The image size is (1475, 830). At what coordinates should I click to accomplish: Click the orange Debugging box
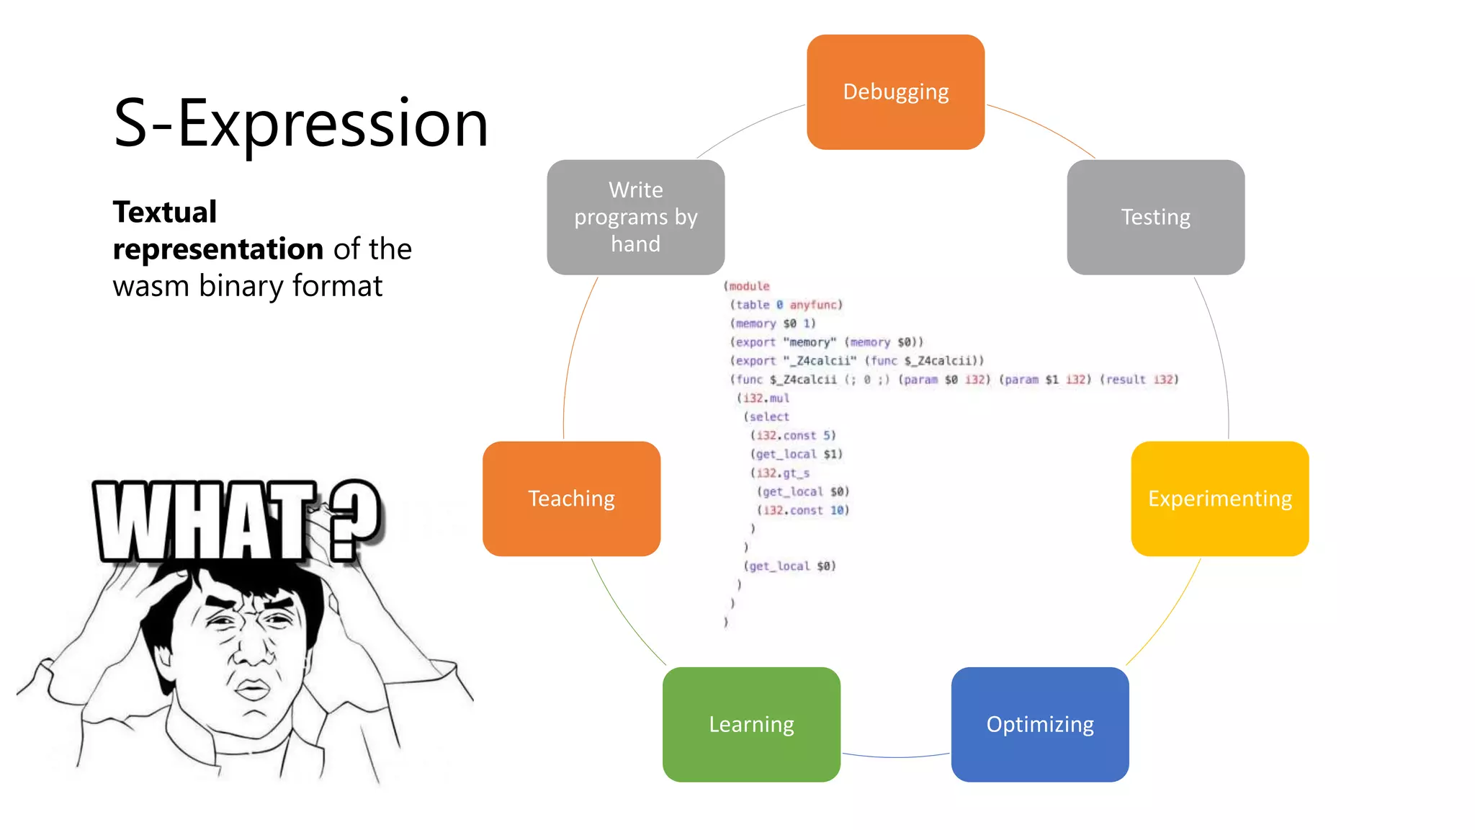[x=895, y=92]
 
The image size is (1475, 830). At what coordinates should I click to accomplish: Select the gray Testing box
[x=1155, y=217]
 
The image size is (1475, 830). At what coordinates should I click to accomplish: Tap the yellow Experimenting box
[x=1219, y=499]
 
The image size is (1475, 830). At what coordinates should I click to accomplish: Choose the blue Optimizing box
[x=1039, y=724]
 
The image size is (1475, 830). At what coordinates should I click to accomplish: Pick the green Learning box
[x=751, y=724]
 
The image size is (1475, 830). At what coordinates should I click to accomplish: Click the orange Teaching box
[x=571, y=499]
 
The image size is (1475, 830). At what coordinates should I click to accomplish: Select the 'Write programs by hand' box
[x=635, y=217]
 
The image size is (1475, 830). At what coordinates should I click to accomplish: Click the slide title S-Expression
[x=301, y=124]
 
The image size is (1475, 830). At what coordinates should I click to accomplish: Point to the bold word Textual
[x=165, y=213]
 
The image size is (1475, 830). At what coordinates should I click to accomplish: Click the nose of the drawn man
[x=252, y=652]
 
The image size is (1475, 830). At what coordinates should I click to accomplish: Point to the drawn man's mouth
[x=252, y=690]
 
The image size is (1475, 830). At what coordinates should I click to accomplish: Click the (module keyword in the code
[x=747, y=286]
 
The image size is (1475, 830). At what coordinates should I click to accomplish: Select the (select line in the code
[x=767, y=416]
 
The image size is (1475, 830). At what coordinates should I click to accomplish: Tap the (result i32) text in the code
[x=1139, y=380]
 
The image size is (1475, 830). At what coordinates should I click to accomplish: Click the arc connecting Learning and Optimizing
[x=895, y=757]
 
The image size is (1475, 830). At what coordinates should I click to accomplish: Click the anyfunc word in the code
[x=813, y=305]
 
